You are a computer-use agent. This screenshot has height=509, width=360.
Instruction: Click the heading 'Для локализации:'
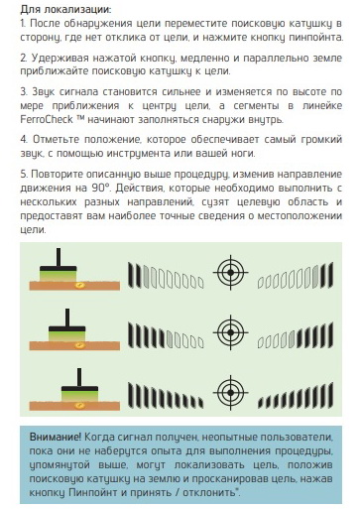click(x=65, y=9)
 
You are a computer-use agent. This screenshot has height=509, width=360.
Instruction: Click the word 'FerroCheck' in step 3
click(x=47, y=119)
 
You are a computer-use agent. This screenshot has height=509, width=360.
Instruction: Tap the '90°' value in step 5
click(x=100, y=188)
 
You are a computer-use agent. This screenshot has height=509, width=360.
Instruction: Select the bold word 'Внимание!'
click(x=56, y=437)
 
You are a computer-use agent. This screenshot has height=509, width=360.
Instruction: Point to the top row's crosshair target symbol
click(x=230, y=272)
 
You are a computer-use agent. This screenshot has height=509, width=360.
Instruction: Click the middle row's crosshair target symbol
click(x=230, y=332)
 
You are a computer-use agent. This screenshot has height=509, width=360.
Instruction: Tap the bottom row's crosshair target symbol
click(x=230, y=392)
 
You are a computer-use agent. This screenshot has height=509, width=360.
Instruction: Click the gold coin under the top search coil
click(x=79, y=285)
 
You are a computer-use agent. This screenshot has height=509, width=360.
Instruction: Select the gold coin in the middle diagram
click(x=79, y=345)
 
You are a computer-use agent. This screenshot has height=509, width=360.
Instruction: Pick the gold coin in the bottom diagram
click(x=79, y=405)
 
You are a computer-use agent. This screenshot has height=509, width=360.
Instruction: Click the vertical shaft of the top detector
click(x=59, y=257)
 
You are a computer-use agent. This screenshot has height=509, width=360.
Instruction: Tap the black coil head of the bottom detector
click(x=79, y=389)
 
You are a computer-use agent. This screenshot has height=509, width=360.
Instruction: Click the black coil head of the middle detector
click(x=67, y=329)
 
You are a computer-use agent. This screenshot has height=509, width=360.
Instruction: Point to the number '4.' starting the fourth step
click(x=24, y=139)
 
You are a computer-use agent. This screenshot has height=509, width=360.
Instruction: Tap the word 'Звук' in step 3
click(x=43, y=92)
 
